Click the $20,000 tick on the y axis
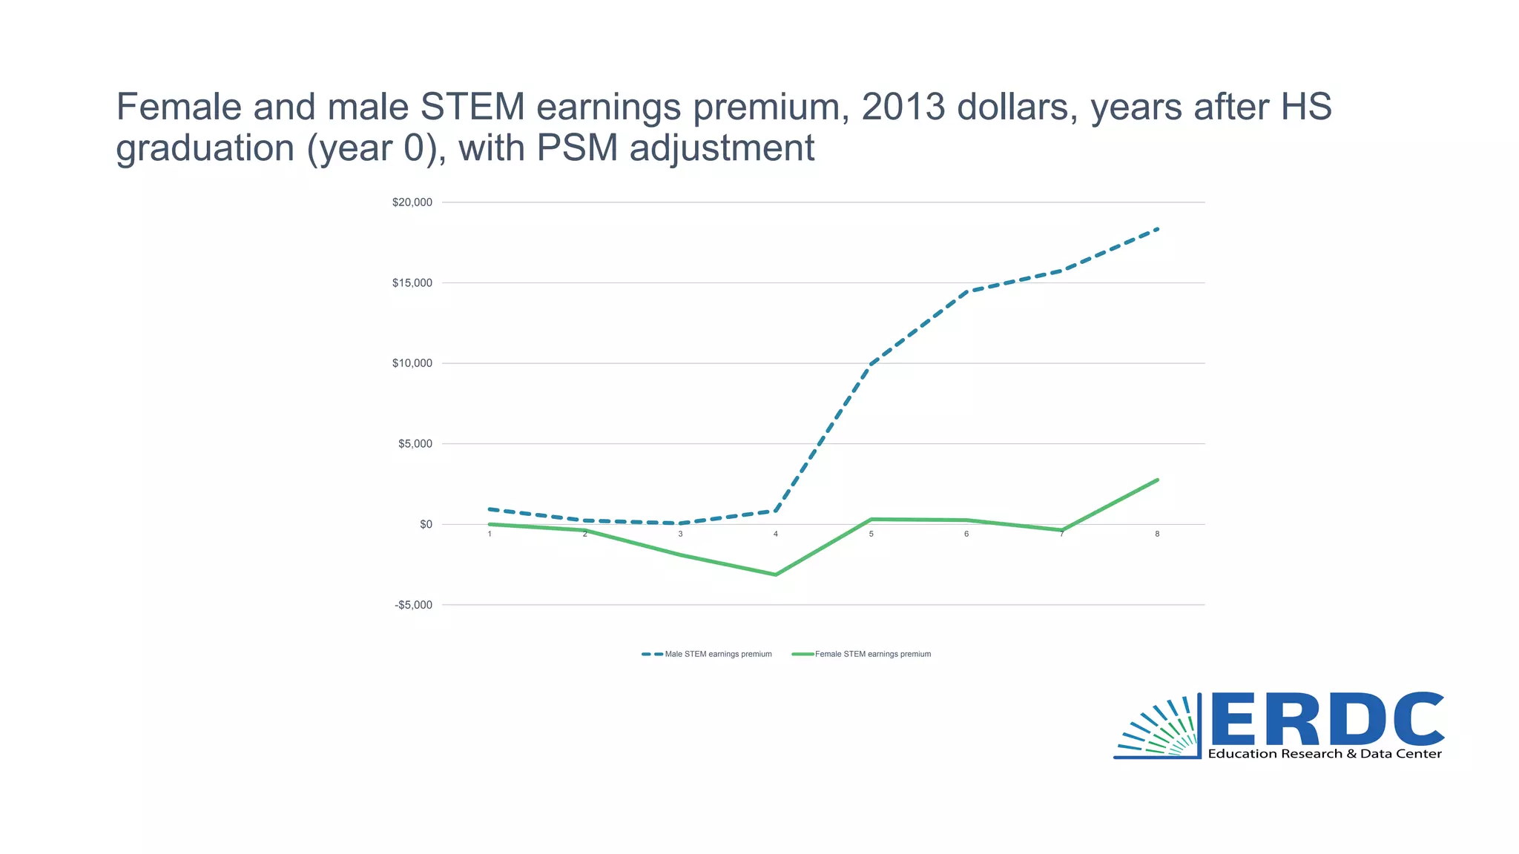412,202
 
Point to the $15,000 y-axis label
412,283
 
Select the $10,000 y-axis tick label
412,363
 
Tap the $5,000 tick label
415,444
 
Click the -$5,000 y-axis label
413,605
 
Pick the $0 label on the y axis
426,524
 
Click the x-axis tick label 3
680,534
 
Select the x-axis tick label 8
1157,534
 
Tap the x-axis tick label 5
871,534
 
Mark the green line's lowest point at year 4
776,575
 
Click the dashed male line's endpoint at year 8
1157,229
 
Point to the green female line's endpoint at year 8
1157,480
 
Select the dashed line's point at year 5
871,365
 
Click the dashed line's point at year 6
966,292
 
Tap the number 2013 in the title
903,107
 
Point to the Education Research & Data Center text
1325,754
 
